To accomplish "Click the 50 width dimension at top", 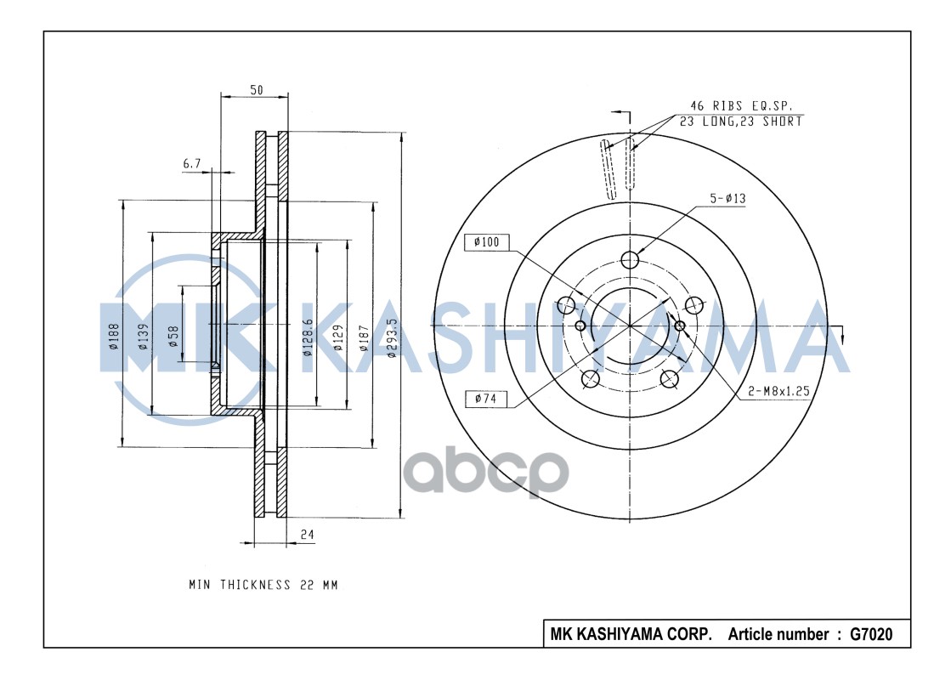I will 256,91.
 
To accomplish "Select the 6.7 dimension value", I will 191,162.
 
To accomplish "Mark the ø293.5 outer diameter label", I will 391,338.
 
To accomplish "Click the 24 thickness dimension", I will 308,535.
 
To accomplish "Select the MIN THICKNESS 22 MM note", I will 263,585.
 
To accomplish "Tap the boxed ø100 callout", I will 487,242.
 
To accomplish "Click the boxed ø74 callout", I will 487,398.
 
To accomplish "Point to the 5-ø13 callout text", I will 727,198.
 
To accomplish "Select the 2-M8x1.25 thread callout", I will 778,392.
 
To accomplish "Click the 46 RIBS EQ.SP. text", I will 740,106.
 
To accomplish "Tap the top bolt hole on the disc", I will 630,260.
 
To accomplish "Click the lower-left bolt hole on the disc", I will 590,379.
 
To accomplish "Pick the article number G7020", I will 870,634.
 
